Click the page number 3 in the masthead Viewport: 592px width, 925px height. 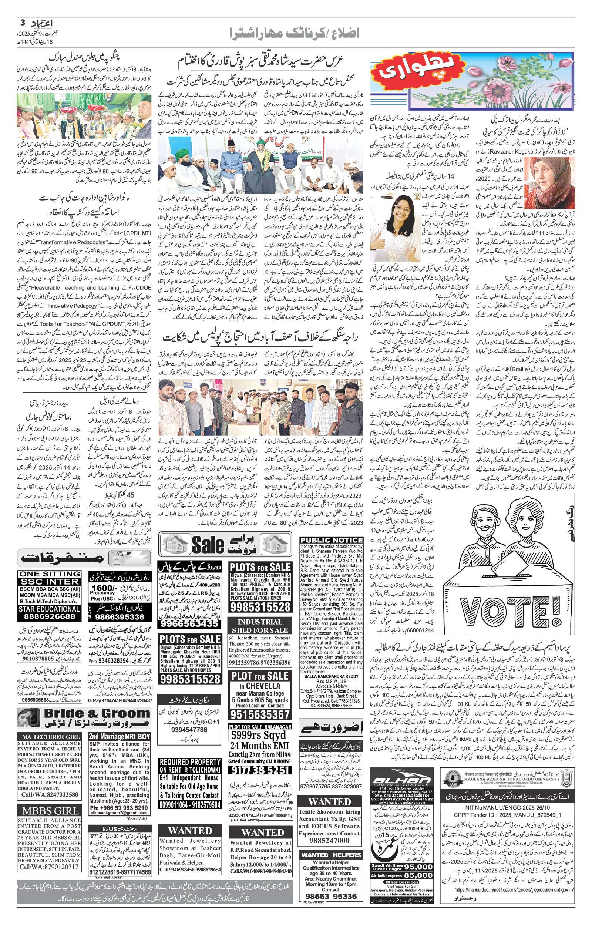pyautogui.click(x=23, y=22)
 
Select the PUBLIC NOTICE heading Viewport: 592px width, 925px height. pyautogui.click(x=331, y=540)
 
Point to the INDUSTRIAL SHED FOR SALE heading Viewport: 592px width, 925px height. pyautogui.click(x=259, y=626)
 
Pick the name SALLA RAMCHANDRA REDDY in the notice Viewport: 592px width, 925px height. pyautogui.click(x=331, y=676)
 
